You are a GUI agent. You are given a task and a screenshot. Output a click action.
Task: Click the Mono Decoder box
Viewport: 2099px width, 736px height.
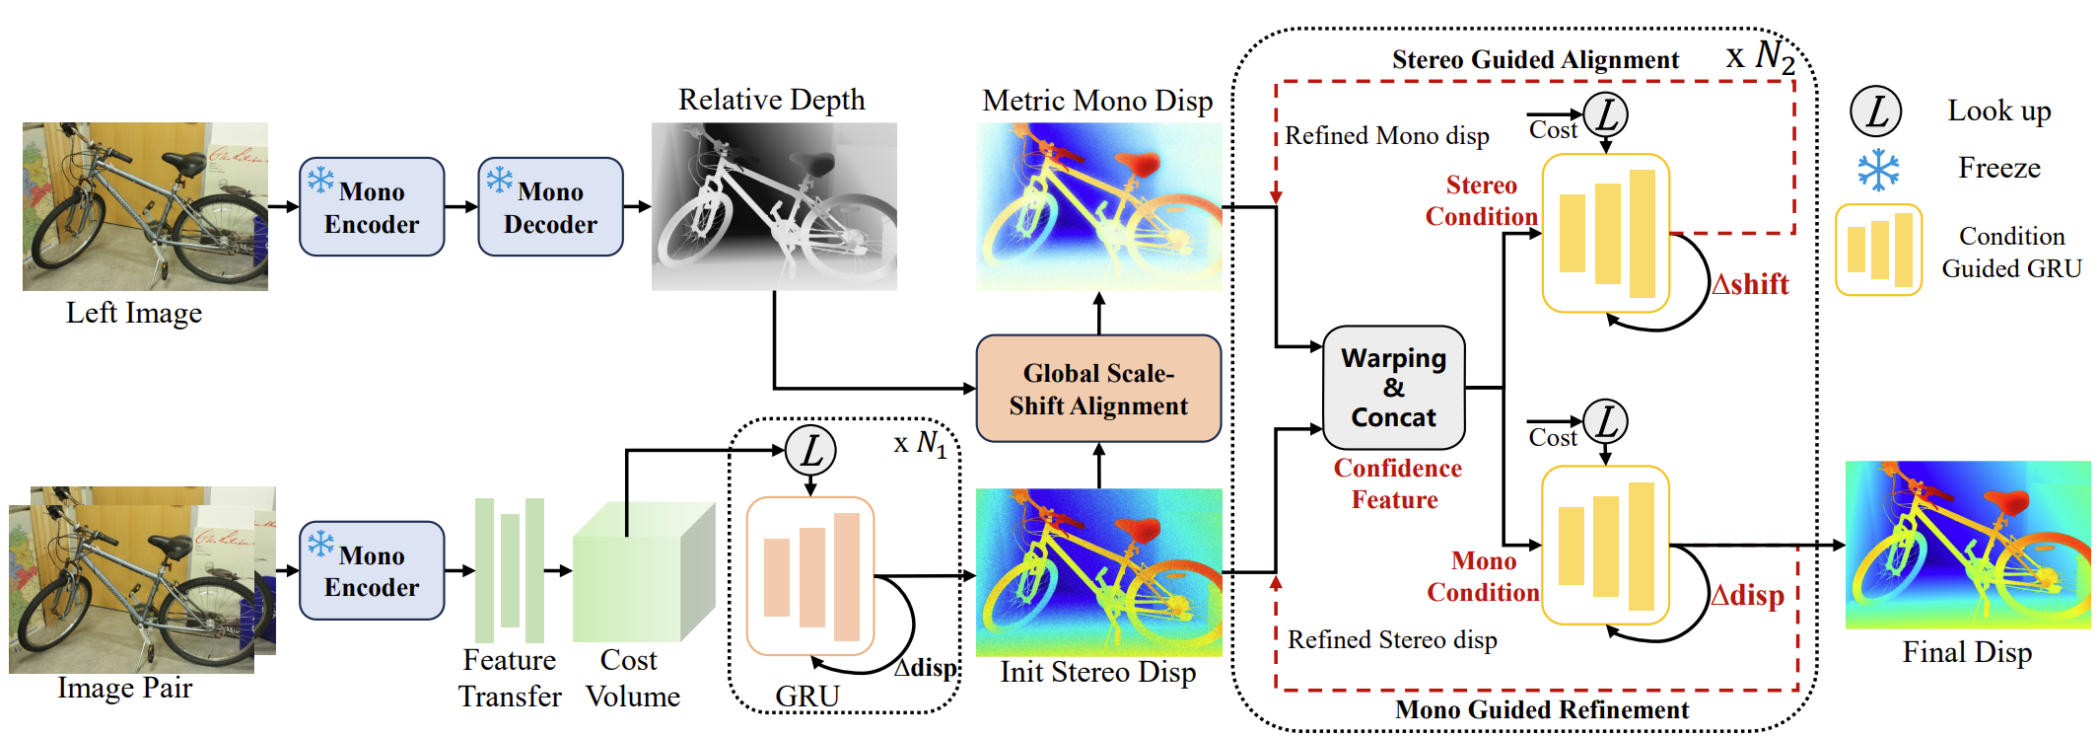550,207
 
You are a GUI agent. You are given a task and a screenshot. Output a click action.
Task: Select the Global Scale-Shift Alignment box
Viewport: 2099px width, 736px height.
1098,389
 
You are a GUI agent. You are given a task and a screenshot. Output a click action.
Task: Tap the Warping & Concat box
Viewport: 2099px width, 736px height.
1393,388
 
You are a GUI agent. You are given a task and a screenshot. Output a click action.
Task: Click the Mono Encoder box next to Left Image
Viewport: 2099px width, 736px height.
372,207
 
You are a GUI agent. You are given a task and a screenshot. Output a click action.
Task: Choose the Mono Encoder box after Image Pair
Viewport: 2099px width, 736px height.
372,570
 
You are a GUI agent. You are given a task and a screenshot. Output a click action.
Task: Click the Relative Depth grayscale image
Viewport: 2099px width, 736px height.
774,206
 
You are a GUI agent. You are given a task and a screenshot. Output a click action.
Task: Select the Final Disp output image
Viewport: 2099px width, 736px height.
1967,545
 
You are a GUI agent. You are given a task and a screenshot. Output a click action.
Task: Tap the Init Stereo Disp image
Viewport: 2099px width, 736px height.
1098,572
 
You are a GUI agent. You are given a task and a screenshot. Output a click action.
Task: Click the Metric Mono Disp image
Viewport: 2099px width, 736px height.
1098,206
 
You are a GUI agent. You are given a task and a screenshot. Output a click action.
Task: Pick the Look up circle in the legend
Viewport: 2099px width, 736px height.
1875,111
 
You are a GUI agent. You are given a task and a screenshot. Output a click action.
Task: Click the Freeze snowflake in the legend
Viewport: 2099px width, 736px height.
1878,170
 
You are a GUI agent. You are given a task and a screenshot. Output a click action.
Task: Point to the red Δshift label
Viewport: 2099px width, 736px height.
1749,284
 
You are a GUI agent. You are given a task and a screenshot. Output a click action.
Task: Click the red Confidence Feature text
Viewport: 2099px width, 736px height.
1397,483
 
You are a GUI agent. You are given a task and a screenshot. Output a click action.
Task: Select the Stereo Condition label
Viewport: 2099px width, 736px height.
1481,200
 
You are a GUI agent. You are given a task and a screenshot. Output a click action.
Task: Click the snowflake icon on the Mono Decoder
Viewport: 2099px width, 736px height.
500,180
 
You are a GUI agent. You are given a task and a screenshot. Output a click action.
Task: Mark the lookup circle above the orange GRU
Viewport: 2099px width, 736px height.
810,451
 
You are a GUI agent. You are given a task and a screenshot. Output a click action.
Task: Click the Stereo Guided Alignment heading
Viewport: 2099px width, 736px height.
1534,60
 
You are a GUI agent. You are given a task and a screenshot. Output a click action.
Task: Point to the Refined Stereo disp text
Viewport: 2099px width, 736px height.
1392,640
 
